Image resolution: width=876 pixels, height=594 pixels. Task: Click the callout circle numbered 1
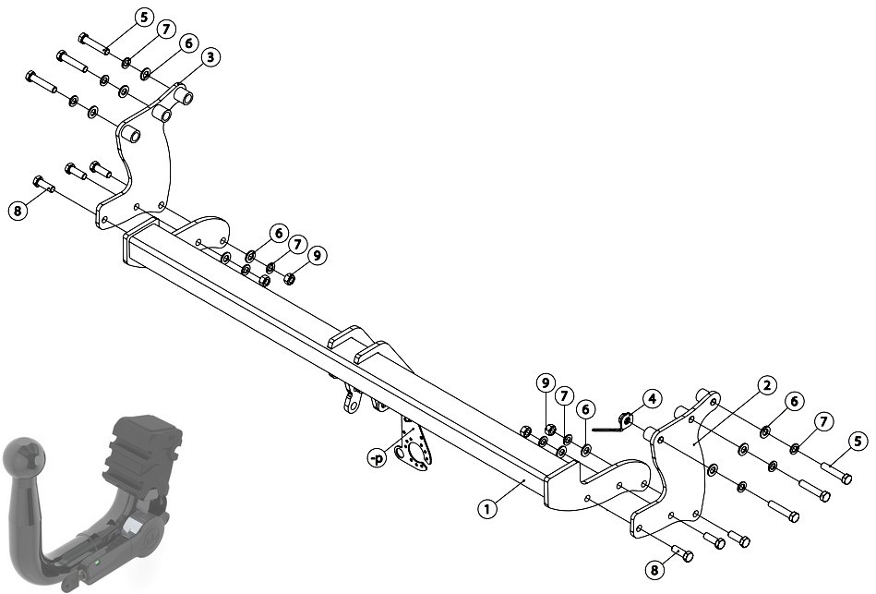[487, 508]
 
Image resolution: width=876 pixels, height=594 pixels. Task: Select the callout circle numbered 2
[766, 385]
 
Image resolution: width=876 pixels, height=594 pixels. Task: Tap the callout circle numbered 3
[210, 57]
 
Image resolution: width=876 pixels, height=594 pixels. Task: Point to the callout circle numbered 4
[652, 399]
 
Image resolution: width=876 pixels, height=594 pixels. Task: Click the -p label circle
[378, 458]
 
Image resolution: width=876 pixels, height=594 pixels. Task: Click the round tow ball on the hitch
[22, 457]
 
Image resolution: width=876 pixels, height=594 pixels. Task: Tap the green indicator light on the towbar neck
[98, 562]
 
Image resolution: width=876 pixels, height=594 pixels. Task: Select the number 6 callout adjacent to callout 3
[188, 43]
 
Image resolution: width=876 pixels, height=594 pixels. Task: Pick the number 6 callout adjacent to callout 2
[795, 401]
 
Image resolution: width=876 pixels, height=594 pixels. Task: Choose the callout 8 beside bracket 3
[18, 211]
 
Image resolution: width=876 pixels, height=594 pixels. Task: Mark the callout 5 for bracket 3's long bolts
[144, 17]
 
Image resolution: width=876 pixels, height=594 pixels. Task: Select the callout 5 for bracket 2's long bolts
[858, 442]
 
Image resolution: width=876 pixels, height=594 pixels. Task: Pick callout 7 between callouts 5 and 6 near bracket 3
[166, 30]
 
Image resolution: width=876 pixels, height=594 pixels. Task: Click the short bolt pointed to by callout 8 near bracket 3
[43, 184]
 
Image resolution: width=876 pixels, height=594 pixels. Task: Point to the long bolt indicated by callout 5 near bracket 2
[836, 472]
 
